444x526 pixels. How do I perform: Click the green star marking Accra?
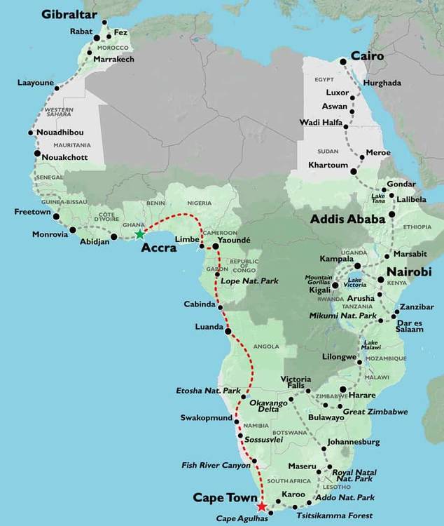(139, 234)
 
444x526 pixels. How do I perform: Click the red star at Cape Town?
(262, 506)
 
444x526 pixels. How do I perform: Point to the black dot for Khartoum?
(354, 170)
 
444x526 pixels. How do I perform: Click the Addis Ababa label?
(348, 219)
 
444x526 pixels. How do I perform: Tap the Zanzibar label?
(419, 307)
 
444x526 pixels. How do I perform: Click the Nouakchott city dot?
(37, 154)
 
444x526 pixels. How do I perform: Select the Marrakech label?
(113, 60)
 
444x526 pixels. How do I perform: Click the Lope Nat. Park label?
(249, 281)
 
